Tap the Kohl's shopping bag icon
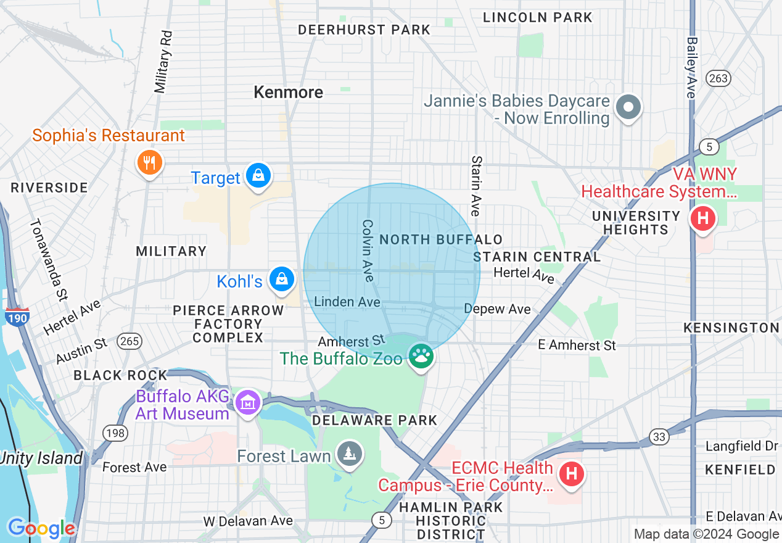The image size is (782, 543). (282, 280)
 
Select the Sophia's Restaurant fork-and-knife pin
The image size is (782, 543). (149, 163)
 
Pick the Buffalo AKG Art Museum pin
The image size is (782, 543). (248, 403)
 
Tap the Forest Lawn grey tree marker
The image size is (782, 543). (350, 455)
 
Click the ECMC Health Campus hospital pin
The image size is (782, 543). (571, 475)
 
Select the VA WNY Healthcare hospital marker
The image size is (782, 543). (702, 218)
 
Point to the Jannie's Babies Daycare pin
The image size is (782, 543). (628, 108)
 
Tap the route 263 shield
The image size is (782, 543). (718, 78)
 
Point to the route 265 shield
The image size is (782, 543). (130, 341)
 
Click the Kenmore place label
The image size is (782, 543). (288, 93)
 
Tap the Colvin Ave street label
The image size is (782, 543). (368, 251)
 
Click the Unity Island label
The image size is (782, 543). (41, 458)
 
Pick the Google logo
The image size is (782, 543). (41, 528)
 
